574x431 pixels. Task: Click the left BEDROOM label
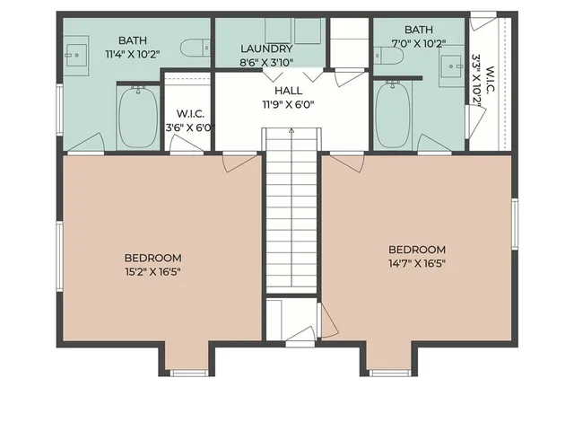click(x=152, y=256)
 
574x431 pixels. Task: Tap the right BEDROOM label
click(x=416, y=250)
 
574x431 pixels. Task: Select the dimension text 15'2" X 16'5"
click(x=152, y=270)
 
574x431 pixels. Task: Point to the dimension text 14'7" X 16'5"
click(x=416, y=264)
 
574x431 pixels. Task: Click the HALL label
click(x=288, y=90)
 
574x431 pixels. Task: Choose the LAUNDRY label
click(x=266, y=48)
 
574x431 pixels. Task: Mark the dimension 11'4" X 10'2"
click(x=132, y=54)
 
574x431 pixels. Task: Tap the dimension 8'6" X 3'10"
click(x=266, y=63)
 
